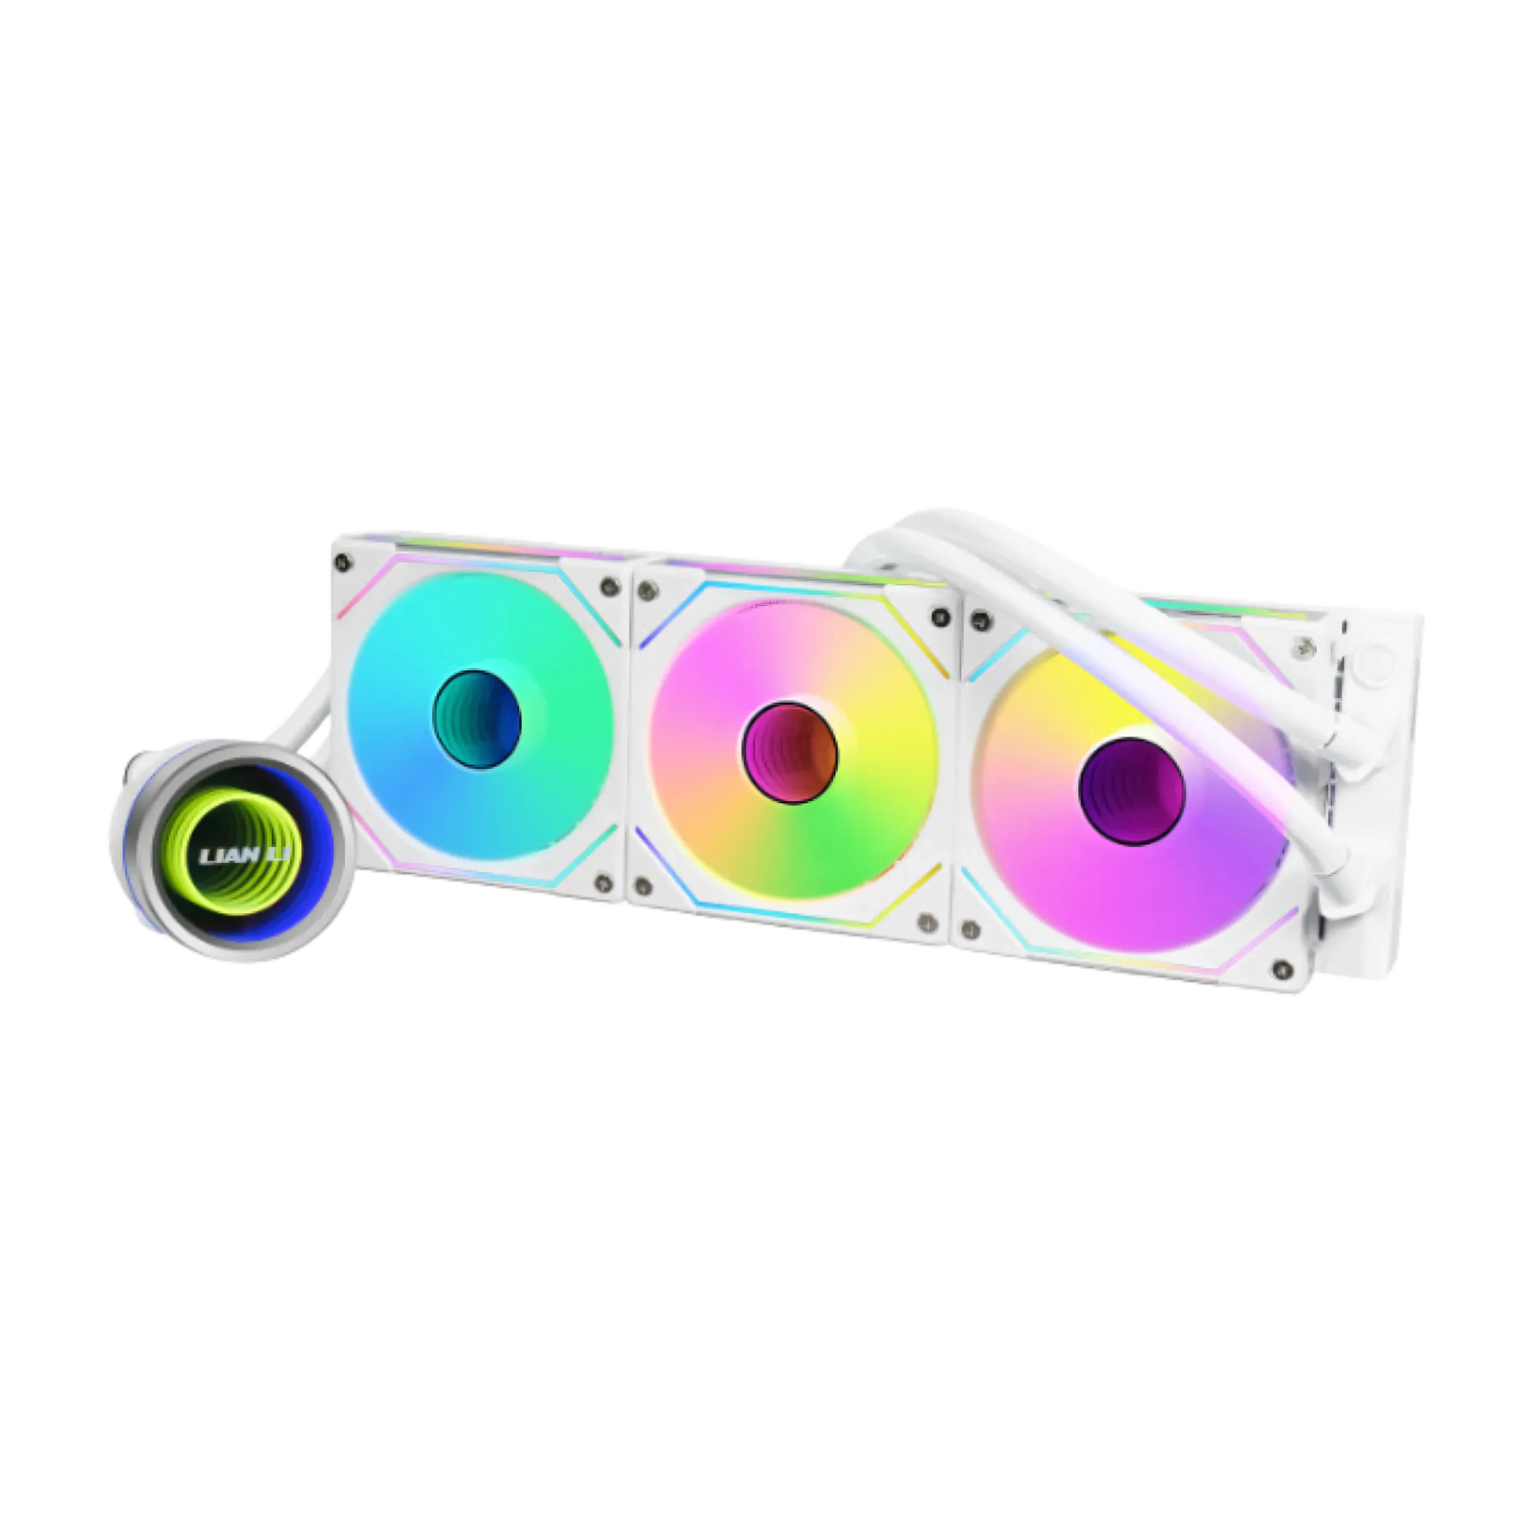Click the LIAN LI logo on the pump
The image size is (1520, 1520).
(x=244, y=854)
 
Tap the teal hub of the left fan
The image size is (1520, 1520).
(x=477, y=719)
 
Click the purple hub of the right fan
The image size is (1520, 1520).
(x=1131, y=791)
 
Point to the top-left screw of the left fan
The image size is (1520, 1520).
(x=342, y=562)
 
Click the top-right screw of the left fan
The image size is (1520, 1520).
(x=608, y=585)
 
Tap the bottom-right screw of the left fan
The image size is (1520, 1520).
(x=603, y=884)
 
